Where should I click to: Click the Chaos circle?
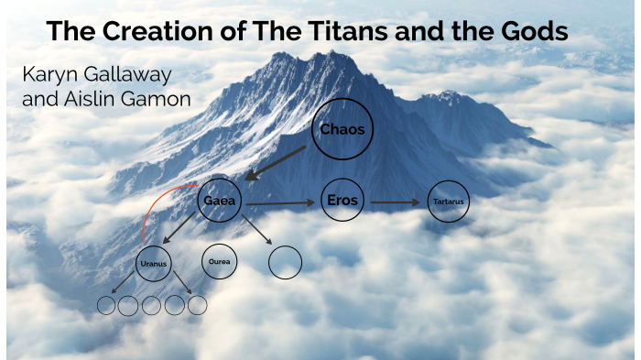(342, 129)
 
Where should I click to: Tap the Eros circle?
(342, 200)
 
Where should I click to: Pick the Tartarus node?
(449, 202)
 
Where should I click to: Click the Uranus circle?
(153, 264)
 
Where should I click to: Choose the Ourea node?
(219, 261)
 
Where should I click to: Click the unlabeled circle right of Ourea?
(285, 262)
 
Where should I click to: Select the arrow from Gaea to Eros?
(279, 202)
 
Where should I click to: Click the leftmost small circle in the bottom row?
(107, 305)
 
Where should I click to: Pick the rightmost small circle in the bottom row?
(197, 305)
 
